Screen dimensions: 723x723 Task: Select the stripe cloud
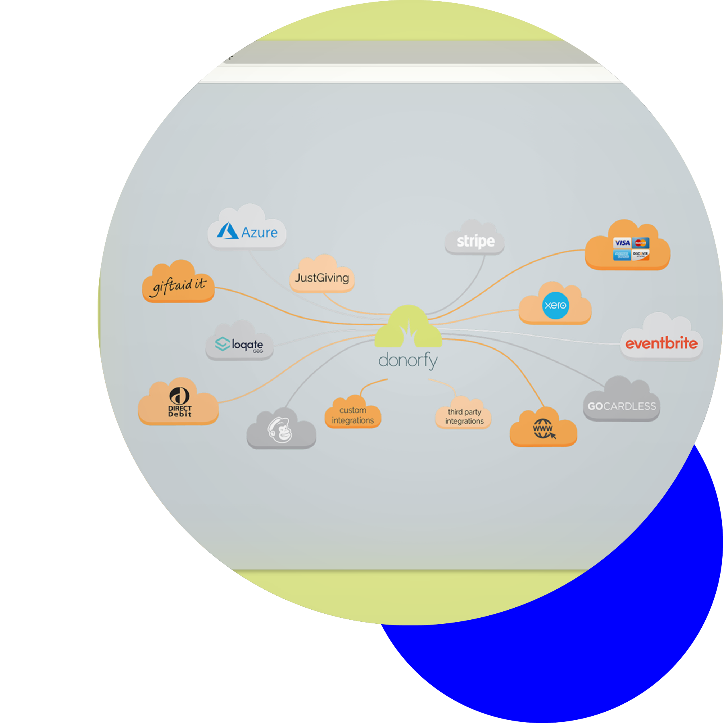point(475,241)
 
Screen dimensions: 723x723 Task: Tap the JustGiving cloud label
point(322,278)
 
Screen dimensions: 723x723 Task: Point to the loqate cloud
point(240,345)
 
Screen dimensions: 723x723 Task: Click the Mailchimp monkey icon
point(281,430)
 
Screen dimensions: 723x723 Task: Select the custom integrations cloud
point(353,415)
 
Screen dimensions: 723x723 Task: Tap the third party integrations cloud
point(464,417)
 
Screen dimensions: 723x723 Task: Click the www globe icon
point(543,429)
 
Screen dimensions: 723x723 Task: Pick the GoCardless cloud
point(621,406)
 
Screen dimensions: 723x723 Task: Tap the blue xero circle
point(556,306)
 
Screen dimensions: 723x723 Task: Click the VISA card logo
point(622,243)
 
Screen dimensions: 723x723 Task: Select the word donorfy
point(408,360)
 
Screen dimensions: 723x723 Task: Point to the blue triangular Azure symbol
point(228,231)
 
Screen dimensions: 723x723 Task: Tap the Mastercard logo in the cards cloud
point(641,243)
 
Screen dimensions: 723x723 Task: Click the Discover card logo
point(641,254)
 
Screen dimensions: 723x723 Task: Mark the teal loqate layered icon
point(222,344)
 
